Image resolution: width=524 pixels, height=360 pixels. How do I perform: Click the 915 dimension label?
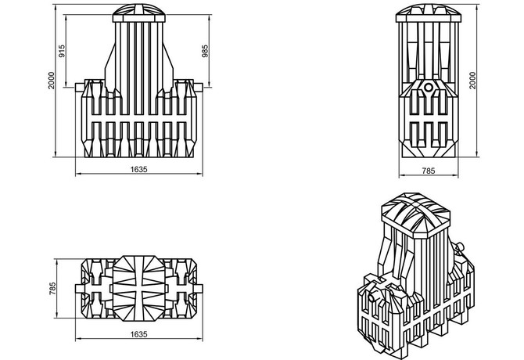62,51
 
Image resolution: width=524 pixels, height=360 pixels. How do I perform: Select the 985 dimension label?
205,51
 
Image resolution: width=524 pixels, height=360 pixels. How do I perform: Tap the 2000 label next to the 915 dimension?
51,81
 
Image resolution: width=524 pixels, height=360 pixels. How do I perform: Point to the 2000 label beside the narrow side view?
472,81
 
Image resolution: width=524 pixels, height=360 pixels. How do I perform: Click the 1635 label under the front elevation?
138,169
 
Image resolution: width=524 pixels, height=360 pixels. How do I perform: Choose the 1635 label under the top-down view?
138,334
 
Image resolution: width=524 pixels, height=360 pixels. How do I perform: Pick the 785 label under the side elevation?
429,171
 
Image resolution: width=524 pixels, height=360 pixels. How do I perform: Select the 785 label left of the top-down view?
52,289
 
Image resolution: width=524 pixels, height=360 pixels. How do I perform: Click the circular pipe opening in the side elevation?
428,88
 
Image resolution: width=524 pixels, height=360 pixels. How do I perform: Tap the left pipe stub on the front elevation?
79,88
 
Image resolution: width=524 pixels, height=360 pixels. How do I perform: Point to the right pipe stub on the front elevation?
199,88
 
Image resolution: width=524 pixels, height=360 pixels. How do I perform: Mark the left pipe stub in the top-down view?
79,289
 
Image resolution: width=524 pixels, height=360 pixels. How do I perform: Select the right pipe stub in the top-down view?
199,289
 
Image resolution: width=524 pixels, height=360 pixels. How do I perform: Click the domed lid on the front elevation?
138,13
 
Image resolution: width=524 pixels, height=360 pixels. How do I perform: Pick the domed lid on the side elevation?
428,13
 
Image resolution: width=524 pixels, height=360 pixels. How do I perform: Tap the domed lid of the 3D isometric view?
415,214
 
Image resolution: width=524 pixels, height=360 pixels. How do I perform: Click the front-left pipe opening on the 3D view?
371,297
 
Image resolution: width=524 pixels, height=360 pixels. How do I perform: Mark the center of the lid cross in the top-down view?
138,289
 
